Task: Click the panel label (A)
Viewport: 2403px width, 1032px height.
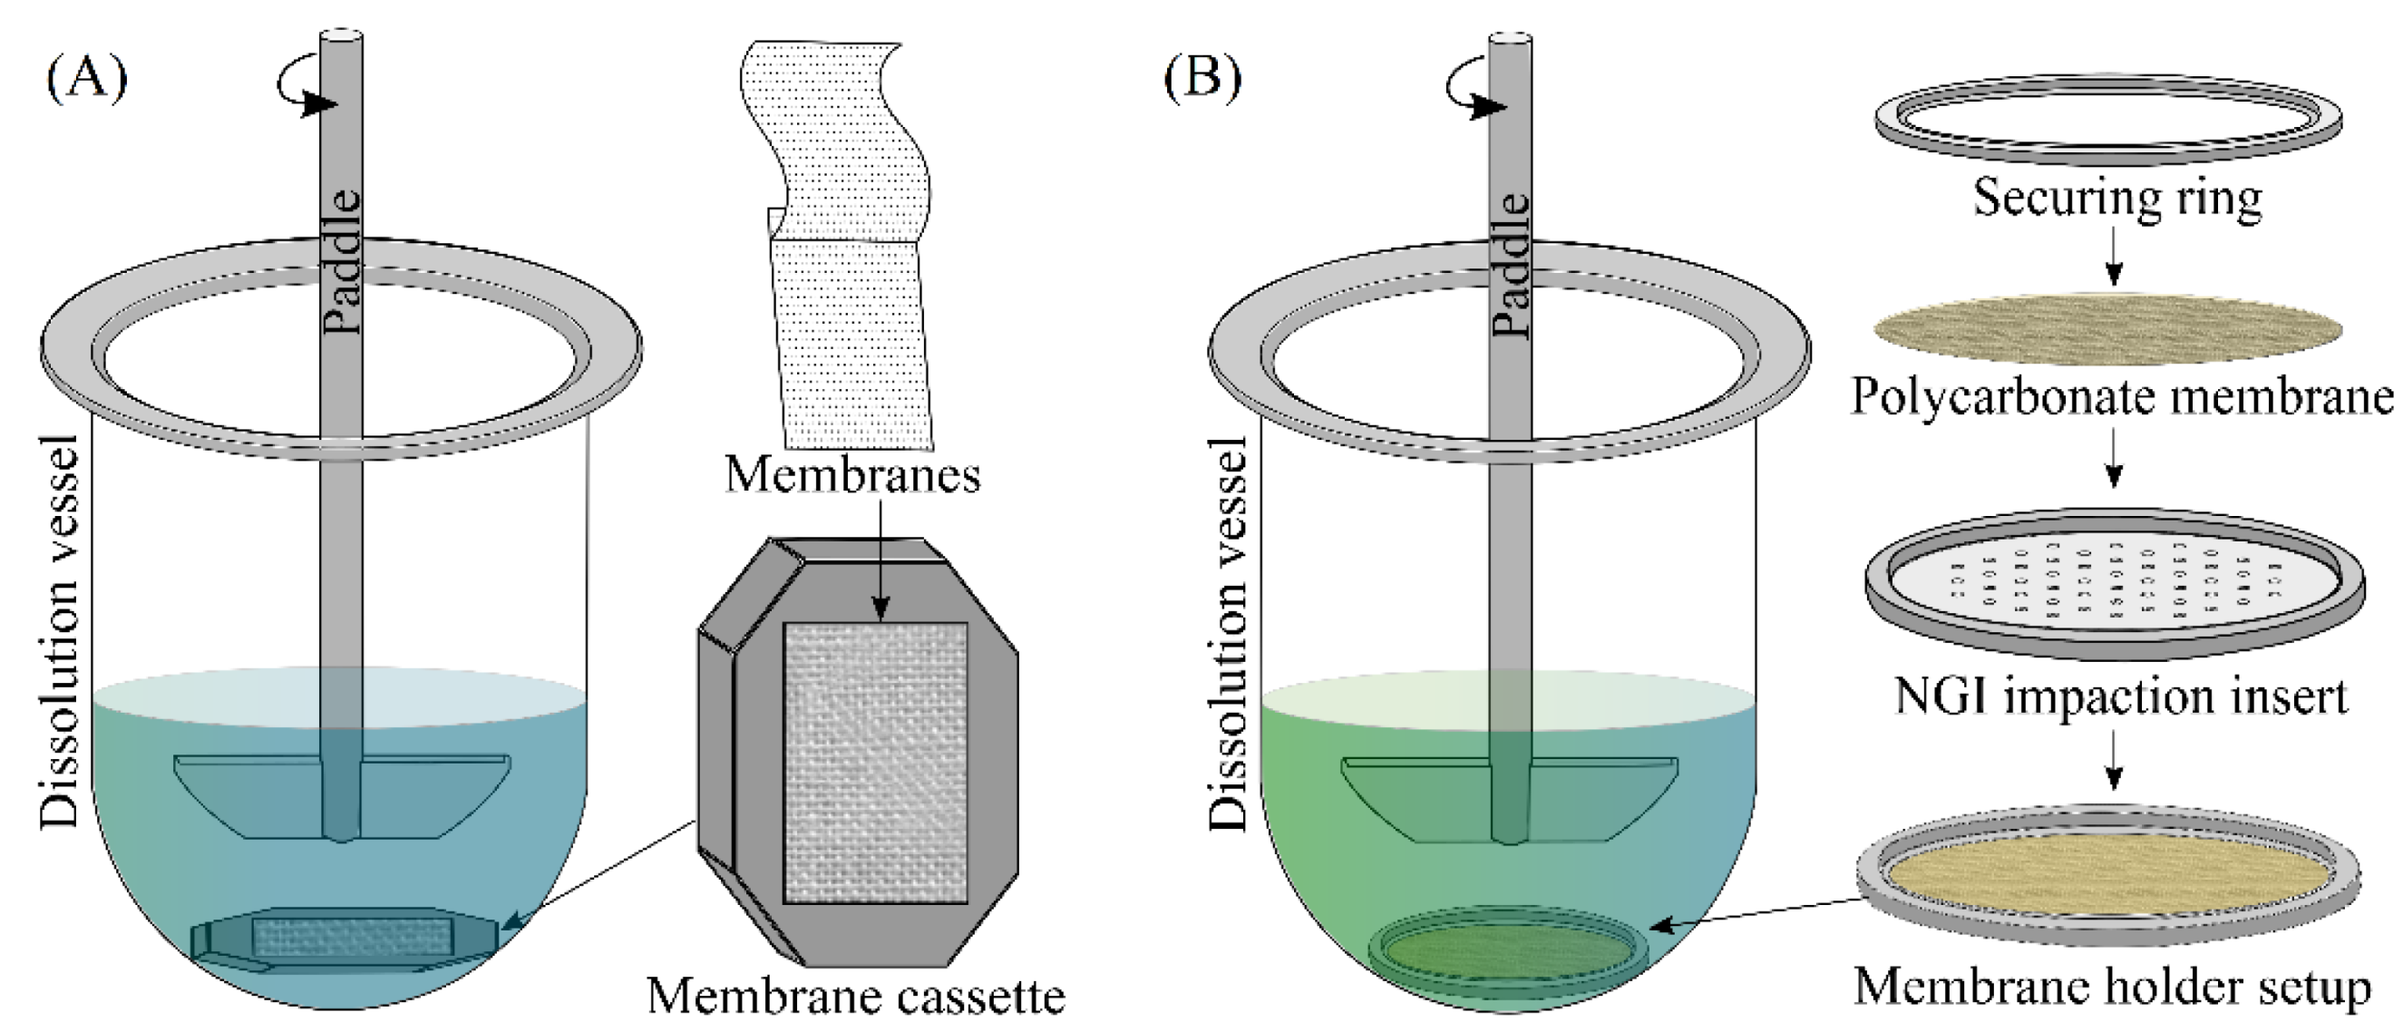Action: click(86, 78)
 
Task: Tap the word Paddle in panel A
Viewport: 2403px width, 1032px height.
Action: click(342, 261)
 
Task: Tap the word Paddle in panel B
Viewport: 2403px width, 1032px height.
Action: click(1511, 265)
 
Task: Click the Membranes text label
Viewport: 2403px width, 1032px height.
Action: click(852, 474)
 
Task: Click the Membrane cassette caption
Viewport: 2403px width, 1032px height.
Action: click(855, 996)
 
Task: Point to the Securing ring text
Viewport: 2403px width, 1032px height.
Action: click(2116, 198)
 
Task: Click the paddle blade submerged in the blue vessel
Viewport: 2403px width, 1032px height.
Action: click(342, 793)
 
